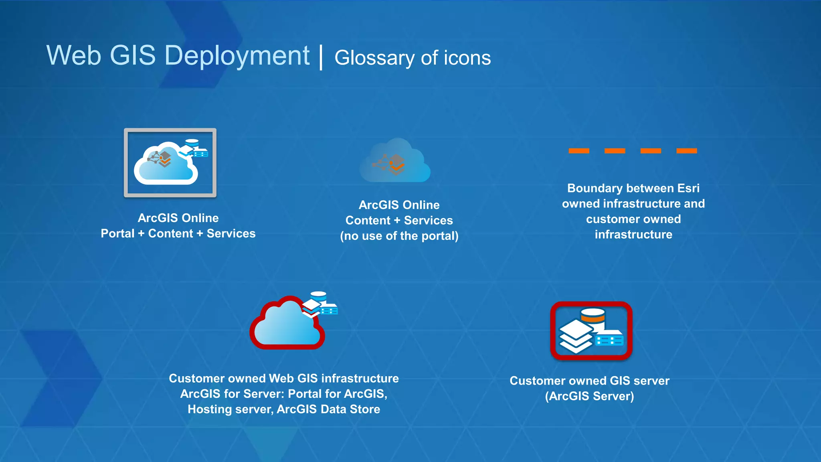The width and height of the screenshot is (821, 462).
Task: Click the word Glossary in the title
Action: coord(374,59)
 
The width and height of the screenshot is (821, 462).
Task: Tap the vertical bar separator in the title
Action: coord(321,57)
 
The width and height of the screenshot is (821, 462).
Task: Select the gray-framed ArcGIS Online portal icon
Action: coord(170,163)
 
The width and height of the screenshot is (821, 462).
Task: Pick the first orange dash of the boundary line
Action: coord(579,151)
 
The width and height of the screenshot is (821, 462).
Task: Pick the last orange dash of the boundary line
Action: coord(686,151)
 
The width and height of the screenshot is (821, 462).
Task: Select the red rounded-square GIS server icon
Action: coord(591,331)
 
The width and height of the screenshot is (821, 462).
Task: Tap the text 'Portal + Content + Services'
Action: coord(178,233)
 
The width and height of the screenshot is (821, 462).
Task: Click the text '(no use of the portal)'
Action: coord(399,236)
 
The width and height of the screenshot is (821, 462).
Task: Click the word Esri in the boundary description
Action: coord(688,188)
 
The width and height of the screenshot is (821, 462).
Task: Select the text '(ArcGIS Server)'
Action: coord(589,396)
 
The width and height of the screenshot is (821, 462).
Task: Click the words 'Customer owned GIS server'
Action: coord(589,381)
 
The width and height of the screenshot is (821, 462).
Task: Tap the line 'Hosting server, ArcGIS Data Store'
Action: coord(284,409)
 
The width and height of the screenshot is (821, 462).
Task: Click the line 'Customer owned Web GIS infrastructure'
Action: coord(284,378)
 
